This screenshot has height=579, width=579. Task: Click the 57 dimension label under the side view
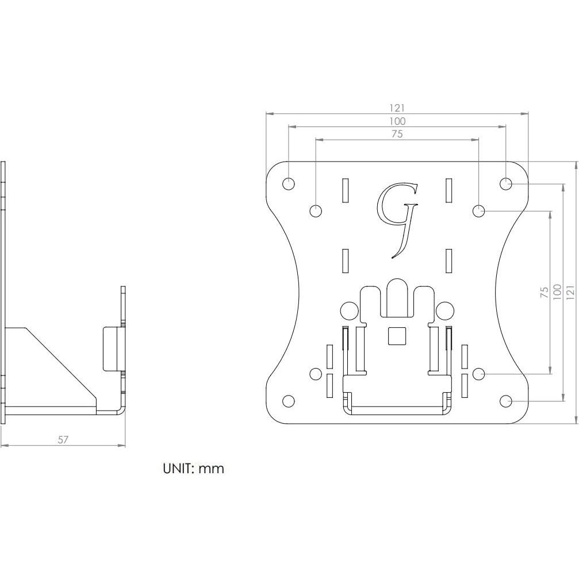pyautogui.click(x=63, y=440)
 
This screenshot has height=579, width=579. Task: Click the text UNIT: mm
pyautogui.click(x=193, y=469)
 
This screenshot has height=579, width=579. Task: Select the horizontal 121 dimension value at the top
pyautogui.click(x=397, y=108)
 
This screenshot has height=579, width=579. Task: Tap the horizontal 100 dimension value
pyautogui.click(x=397, y=121)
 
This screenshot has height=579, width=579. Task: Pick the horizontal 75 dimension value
pyautogui.click(x=397, y=135)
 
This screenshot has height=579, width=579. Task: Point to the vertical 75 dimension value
pyautogui.click(x=544, y=292)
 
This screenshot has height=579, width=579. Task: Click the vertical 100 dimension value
pyautogui.click(x=556, y=292)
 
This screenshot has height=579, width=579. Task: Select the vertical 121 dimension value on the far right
pyautogui.click(x=570, y=292)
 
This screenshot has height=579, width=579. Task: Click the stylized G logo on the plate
pyautogui.click(x=397, y=218)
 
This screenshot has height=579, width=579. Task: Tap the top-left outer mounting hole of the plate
pyautogui.click(x=289, y=184)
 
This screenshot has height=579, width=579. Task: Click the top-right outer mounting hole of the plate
pyautogui.click(x=506, y=184)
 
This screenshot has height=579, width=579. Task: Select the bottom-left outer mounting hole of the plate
pyautogui.click(x=289, y=401)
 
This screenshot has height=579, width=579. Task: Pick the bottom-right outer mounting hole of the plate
pyautogui.click(x=506, y=401)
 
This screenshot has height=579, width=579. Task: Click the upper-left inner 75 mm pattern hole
pyautogui.click(x=316, y=211)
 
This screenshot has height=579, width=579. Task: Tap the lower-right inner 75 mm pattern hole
pyautogui.click(x=478, y=374)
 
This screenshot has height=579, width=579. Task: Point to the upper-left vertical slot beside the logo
pyautogui.click(x=345, y=191)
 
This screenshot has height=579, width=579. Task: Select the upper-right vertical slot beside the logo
pyautogui.click(x=449, y=191)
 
